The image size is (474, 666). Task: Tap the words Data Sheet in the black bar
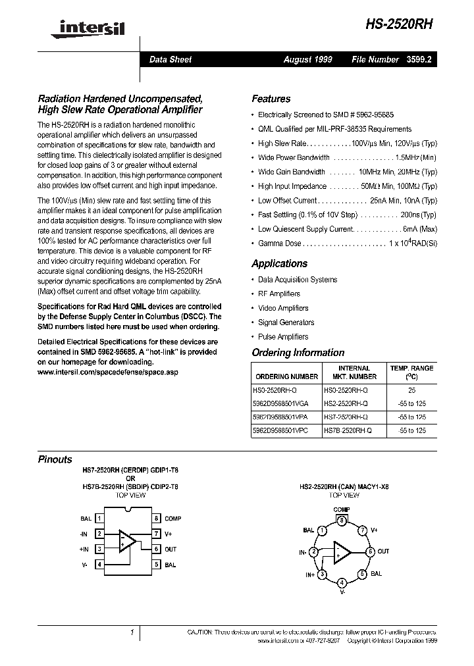tap(171, 59)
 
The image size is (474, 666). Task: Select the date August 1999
tap(307, 59)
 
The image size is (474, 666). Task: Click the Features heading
tap(271, 99)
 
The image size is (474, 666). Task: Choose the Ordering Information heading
tap(298, 353)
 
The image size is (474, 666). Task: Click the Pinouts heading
tap(55, 460)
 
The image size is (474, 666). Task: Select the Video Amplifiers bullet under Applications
tap(283, 308)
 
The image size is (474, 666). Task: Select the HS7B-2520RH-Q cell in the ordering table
tap(347, 430)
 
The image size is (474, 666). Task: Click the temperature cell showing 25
tap(412, 390)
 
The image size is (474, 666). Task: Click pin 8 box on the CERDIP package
tap(157, 519)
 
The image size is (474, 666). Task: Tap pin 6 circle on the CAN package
tap(370, 551)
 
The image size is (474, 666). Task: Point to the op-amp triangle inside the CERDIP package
tap(128, 541)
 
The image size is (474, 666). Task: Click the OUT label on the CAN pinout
tap(383, 551)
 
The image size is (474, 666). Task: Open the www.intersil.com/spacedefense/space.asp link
tap(107, 372)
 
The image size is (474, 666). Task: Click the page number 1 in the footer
tap(132, 632)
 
